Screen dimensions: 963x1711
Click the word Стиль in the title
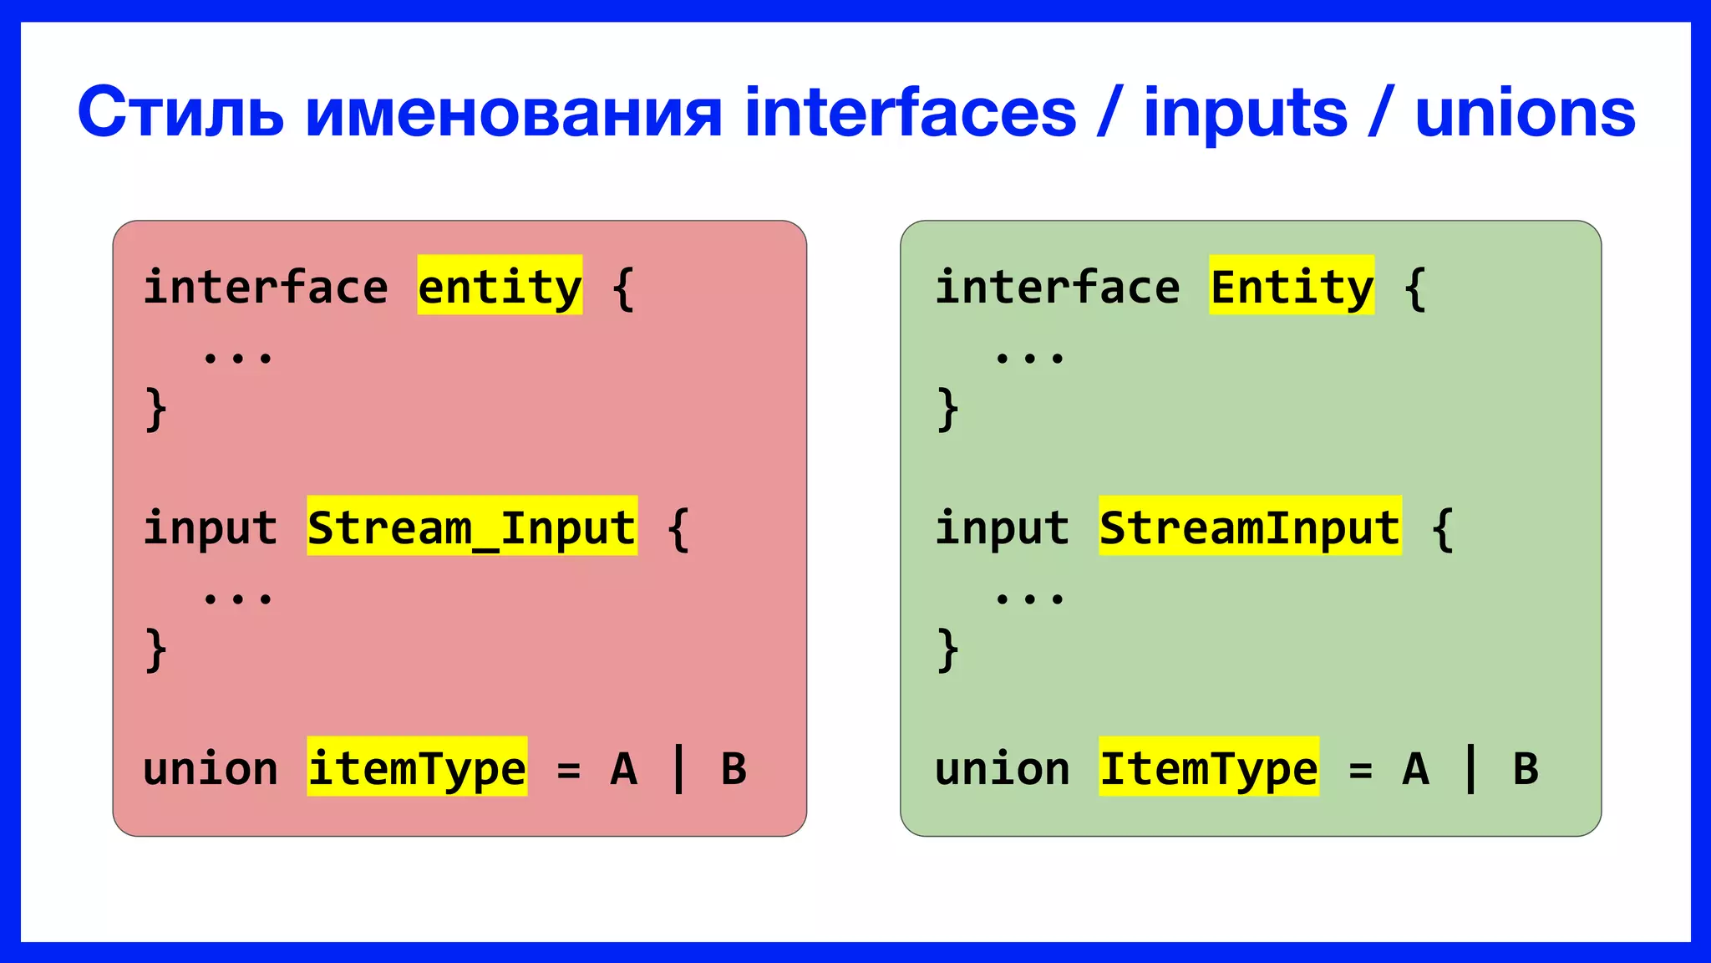point(180,113)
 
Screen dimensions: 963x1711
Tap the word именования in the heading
point(513,113)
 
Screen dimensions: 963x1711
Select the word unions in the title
point(1525,113)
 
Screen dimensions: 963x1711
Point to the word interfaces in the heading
point(910,113)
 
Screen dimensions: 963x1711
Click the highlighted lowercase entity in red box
point(500,287)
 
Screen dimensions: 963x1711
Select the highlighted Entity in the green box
point(1291,287)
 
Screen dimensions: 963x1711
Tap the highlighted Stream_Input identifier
point(471,527)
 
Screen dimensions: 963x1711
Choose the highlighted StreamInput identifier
point(1249,527)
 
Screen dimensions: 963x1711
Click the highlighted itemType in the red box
point(416,767)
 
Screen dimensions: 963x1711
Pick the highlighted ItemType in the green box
point(1208,767)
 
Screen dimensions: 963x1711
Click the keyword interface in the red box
point(266,287)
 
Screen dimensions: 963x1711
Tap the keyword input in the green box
point(1002,527)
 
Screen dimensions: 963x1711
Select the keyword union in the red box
point(210,767)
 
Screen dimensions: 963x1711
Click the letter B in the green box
point(1526,767)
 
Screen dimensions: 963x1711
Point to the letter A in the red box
point(623,767)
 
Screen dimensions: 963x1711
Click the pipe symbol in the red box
point(678,767)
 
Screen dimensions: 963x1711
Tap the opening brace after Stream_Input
point(678,528)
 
